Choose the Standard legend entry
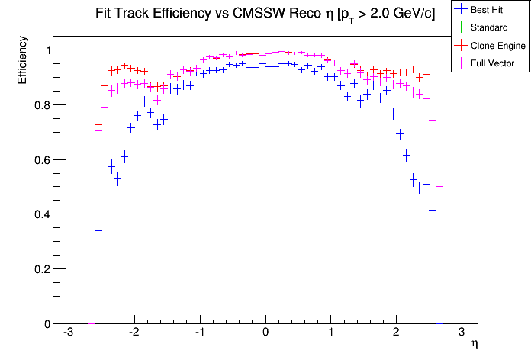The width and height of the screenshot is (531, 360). [489, 27]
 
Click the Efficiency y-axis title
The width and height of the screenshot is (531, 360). [22, 66]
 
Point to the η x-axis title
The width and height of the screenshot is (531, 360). [475, 345]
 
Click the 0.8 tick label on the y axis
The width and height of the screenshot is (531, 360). [38, 105]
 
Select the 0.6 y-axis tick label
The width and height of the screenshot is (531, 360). [38, 160]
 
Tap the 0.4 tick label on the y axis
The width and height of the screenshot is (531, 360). [38, 214]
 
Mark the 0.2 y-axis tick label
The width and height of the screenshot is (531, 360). [38, 269]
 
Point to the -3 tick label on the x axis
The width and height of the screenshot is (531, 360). [68, 333]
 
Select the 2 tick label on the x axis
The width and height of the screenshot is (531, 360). [396, 333]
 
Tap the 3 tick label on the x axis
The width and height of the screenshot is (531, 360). [462, 333]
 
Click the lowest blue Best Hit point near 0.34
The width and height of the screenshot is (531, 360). [98, 230]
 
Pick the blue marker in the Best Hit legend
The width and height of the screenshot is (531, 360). [462, 10]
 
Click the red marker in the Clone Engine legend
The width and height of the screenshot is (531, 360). [462, 45]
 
